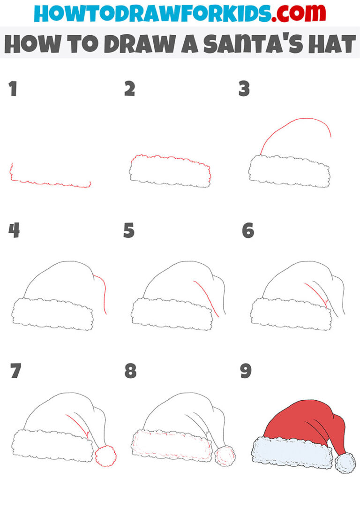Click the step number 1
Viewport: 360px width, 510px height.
pos(13,89)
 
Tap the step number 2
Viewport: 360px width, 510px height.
pos(130,89)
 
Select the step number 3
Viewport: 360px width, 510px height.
pos(244,89)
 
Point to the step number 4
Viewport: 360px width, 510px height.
pos(14,230)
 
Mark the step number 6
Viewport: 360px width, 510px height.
pos(248,230)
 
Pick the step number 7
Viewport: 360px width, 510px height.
pos(16,371)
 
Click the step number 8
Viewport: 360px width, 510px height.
pos(130,371)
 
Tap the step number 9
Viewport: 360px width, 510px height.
pos(246,371)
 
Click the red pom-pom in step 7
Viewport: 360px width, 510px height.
pos(105,455)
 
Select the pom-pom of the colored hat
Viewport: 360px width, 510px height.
pos(345,463)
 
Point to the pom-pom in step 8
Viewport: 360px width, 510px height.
pos(225,455)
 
